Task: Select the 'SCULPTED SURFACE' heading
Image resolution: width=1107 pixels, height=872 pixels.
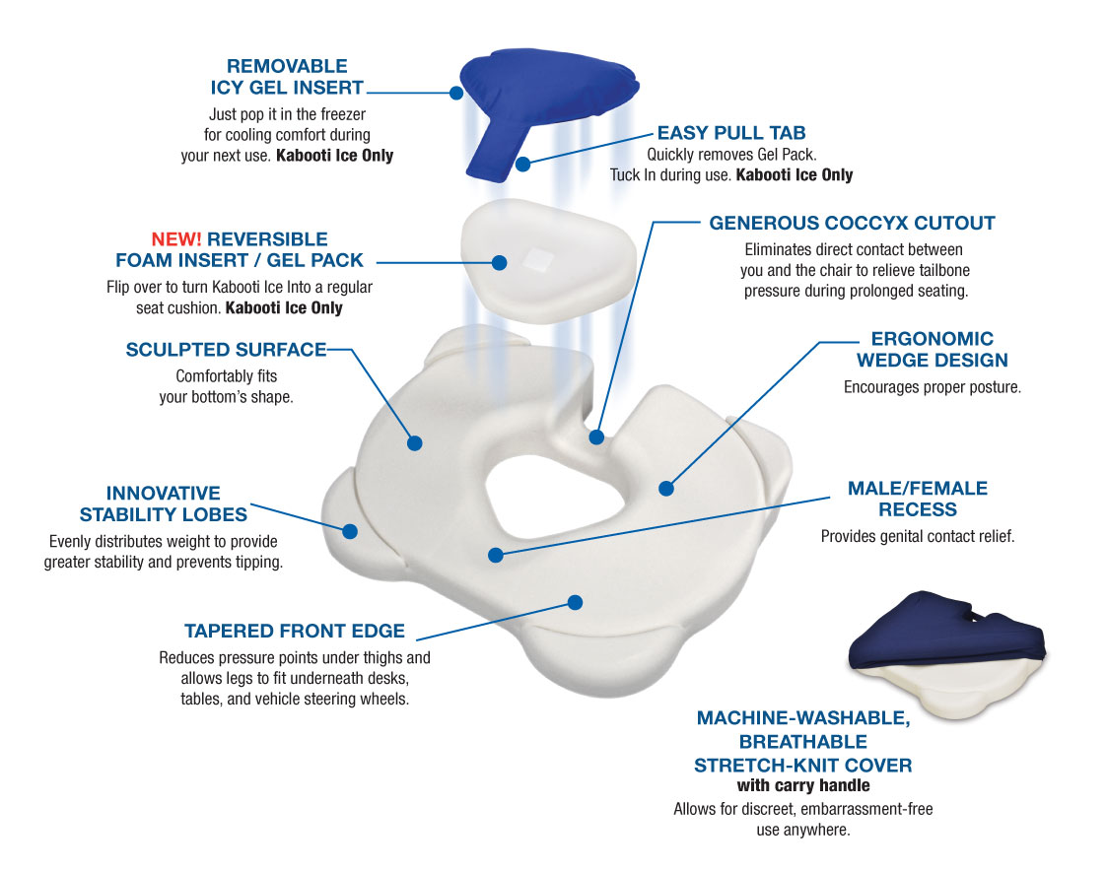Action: (226, 350)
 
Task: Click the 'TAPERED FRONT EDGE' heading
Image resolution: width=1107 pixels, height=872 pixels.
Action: (294, 632)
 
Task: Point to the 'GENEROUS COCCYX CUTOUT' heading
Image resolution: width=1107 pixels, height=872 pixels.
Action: (852, 223)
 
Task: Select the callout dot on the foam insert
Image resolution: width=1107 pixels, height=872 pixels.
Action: (499, 263)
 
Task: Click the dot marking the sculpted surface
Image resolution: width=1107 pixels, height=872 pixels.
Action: (415, 443)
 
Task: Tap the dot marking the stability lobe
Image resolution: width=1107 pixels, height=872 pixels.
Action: (350, 530)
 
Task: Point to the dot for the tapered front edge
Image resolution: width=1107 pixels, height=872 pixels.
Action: (576, 601)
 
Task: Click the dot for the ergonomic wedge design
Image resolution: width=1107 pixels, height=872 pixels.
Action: (666, 487)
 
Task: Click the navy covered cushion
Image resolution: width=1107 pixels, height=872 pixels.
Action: (946, 631)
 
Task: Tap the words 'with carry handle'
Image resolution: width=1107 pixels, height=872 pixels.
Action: (803, 786)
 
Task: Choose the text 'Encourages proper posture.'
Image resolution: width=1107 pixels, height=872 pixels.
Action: (932, 387)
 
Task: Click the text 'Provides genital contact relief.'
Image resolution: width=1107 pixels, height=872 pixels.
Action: (917, 537)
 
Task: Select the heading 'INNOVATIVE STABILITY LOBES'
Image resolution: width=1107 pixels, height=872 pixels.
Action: (164, 503)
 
